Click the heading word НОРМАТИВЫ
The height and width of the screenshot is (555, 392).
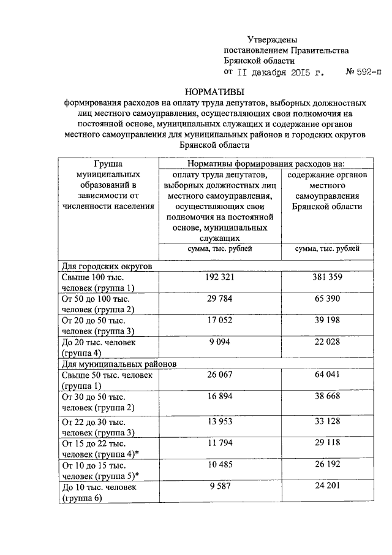tap(219, 92)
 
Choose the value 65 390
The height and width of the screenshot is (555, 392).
tap(326, 299)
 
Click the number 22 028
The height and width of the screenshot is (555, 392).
tap(326, 342)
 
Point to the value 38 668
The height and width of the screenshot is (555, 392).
tap(326, 397)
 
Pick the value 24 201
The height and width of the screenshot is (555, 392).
tap(326, 487)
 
